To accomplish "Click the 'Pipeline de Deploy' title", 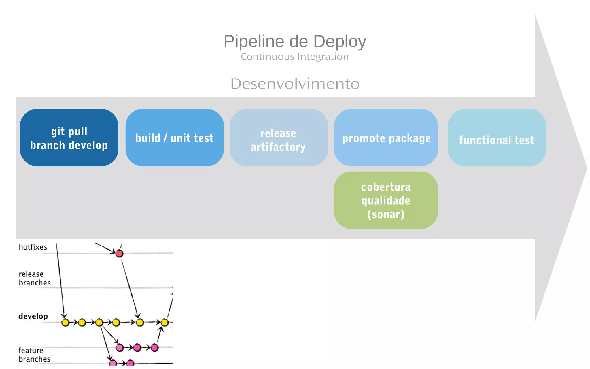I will (295, 41).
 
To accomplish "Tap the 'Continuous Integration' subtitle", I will (295, 57).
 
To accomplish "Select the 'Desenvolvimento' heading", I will (295, 84).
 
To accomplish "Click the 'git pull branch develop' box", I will (69, 138).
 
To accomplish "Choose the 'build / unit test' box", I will (175, 138).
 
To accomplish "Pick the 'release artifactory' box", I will (279, 138).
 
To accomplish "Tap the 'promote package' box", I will (386, 138).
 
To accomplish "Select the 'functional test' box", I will (497, 138).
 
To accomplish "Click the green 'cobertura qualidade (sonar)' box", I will (386, 200).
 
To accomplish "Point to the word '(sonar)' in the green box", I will (386, 214).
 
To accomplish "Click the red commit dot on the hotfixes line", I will (119, 253).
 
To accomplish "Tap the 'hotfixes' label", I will (33, 247).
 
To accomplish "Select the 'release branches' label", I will (34, 278).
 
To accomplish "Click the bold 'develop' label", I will (33, 316).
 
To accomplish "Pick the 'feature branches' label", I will (34, 355).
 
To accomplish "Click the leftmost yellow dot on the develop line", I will (65, 322).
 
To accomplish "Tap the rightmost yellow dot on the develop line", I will (164, 322).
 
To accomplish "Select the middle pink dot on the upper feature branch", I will (137, 348).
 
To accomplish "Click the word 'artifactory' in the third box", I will (278, 147).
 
